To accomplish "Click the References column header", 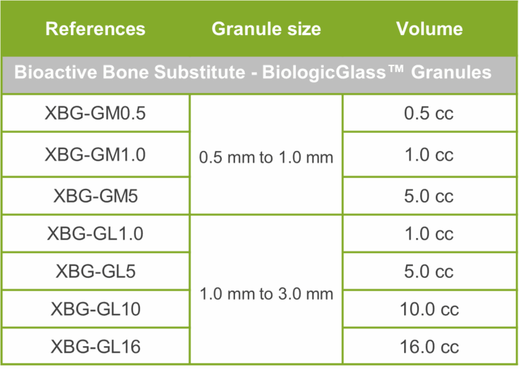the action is [95, 29].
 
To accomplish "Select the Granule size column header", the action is [266, 29].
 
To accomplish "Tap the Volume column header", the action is [429, 29].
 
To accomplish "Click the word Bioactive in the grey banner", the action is [55, 72].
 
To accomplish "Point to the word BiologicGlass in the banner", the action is [324, 72].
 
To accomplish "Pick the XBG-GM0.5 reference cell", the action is [95, 113].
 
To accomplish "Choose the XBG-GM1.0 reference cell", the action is [95, 154].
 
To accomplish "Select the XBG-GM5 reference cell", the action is [96, 196].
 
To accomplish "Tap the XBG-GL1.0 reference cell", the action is [95, 233].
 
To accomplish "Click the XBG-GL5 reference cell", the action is [96, 271].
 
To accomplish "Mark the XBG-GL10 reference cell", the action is [96, 309].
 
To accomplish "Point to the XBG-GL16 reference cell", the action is [96, 347].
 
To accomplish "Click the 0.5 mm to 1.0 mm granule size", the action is [266, 157].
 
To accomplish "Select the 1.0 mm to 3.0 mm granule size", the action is [266, 293].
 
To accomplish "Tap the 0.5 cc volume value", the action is [428, 113].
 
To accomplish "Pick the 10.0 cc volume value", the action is [429, 309].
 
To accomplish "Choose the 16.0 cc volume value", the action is [429, 347].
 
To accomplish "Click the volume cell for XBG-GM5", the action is [428, 196].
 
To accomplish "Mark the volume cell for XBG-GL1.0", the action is [429, 233].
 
